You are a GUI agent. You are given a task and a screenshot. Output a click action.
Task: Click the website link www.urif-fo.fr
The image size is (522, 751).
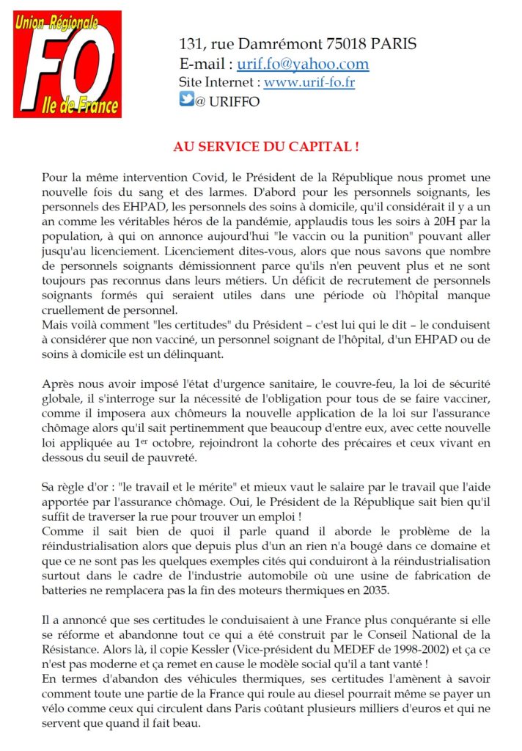pos(309,82)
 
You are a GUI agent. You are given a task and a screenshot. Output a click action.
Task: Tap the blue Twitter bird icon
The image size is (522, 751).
pos(186,100)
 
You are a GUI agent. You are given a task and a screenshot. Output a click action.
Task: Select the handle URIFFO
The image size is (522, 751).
pos(234,102)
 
